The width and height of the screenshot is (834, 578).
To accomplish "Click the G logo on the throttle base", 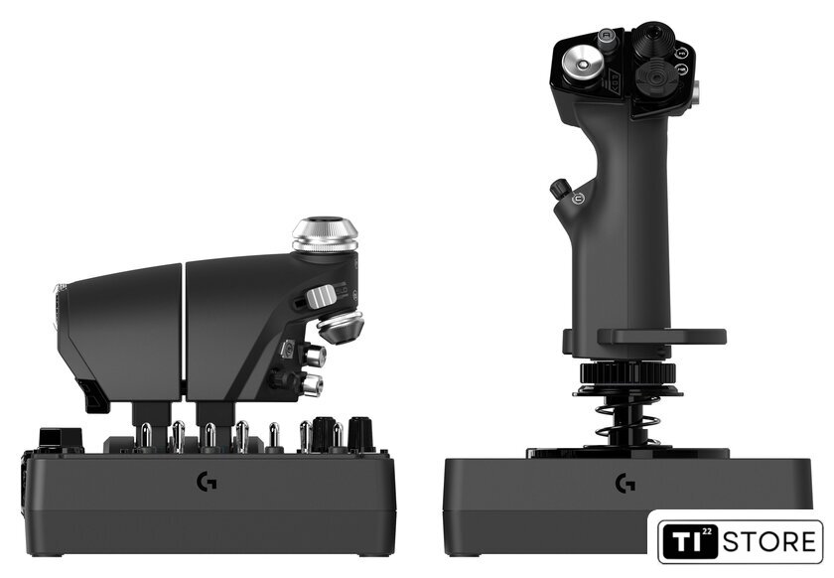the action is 207,483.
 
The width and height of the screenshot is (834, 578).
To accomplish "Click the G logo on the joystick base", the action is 625,484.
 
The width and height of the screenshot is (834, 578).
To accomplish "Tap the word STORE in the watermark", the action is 769,542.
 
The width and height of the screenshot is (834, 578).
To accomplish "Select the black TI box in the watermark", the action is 690,542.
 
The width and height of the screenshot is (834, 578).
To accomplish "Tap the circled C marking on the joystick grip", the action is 578,199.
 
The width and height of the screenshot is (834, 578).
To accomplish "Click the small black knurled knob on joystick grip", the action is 559,189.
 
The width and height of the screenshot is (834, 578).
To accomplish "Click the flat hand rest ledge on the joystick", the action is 661,337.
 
